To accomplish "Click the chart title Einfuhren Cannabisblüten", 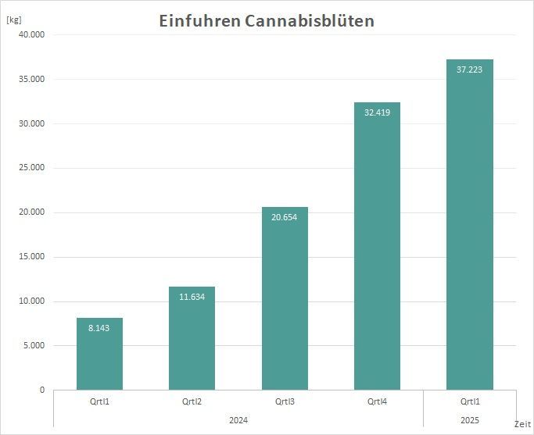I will click(267, 21).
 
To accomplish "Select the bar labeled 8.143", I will click(99, 355).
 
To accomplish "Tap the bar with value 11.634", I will click(192, 340).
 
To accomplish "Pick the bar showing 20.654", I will click(285, 301).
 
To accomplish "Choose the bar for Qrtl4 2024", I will click(377, 250).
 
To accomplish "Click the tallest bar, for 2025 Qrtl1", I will click(469, 226).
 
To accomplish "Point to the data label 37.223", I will click(469, 70).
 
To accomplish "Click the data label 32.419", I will click(377, 112).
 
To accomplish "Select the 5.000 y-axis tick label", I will click(33, 346).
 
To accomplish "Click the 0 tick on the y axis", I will click(42, 390).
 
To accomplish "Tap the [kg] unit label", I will click(14, 19).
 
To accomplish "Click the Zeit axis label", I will click(522, 423).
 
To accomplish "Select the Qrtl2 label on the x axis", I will click(192, 402).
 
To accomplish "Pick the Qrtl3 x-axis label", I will click(285, 402).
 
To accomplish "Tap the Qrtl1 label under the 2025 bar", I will click(469, 402).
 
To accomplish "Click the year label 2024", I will click(238, 420).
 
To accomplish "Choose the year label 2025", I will click(469, 420).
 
